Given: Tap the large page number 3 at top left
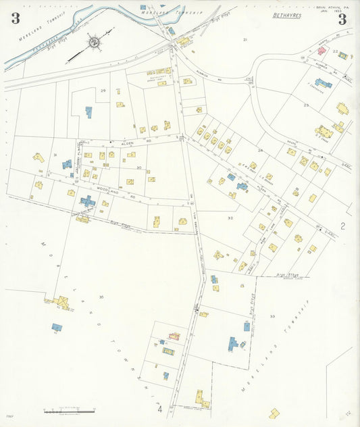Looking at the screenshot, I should (15, 18).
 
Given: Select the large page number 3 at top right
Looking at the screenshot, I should (342, 19).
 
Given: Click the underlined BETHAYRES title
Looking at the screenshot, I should (287, 14).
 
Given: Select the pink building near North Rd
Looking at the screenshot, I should (322, 51).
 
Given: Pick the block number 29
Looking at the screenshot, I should (103, 91).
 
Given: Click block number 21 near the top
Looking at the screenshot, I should (245, 40).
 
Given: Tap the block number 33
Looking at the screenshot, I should (272, 316).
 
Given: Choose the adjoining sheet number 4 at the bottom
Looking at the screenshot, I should (160, 409).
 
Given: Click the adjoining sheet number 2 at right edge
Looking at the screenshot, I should (342, 226).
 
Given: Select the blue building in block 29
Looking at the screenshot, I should (88, 111).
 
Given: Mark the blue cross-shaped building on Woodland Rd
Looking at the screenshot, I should (87, 201).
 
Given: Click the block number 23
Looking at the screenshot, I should (306, 105).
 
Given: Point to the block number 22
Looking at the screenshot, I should (335, 51).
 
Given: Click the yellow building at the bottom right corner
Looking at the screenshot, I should (274, 412).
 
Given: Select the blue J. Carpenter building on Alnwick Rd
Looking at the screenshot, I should (324, 84).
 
